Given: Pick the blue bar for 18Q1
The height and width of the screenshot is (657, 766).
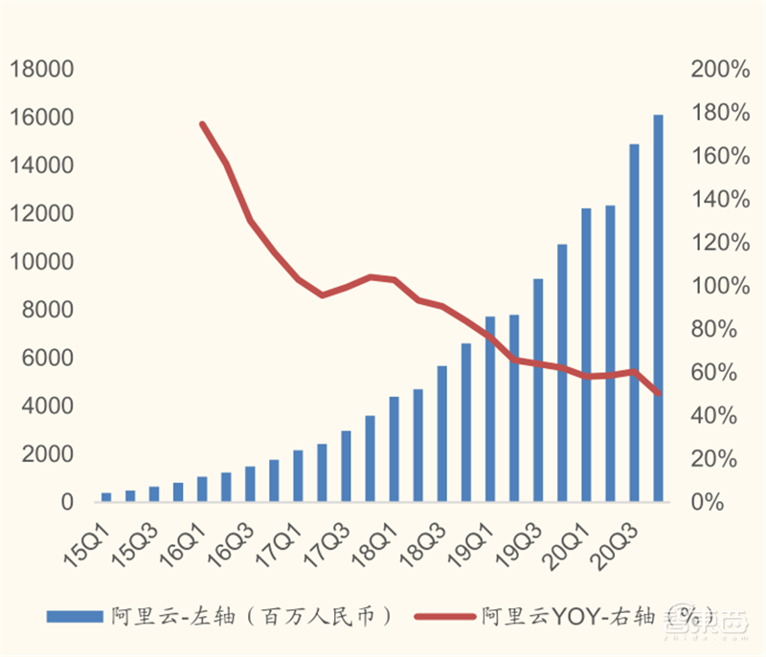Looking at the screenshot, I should (394, 449).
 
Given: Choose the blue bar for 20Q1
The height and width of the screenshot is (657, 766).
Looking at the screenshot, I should (586, 355).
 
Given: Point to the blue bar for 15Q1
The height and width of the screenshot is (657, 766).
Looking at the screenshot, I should (106, 496).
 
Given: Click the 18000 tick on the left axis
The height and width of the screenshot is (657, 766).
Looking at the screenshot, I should (41, 70).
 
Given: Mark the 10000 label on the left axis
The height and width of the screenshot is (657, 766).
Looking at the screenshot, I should (41, 262).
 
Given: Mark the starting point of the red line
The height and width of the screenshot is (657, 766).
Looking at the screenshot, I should (202, 123).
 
